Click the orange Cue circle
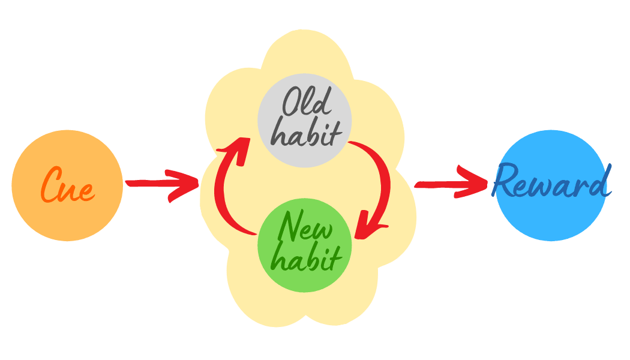(67, 185)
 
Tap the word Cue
(67, 187)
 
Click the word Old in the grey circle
(306, 106)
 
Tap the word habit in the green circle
(306, 260)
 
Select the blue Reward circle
(551, 185)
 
